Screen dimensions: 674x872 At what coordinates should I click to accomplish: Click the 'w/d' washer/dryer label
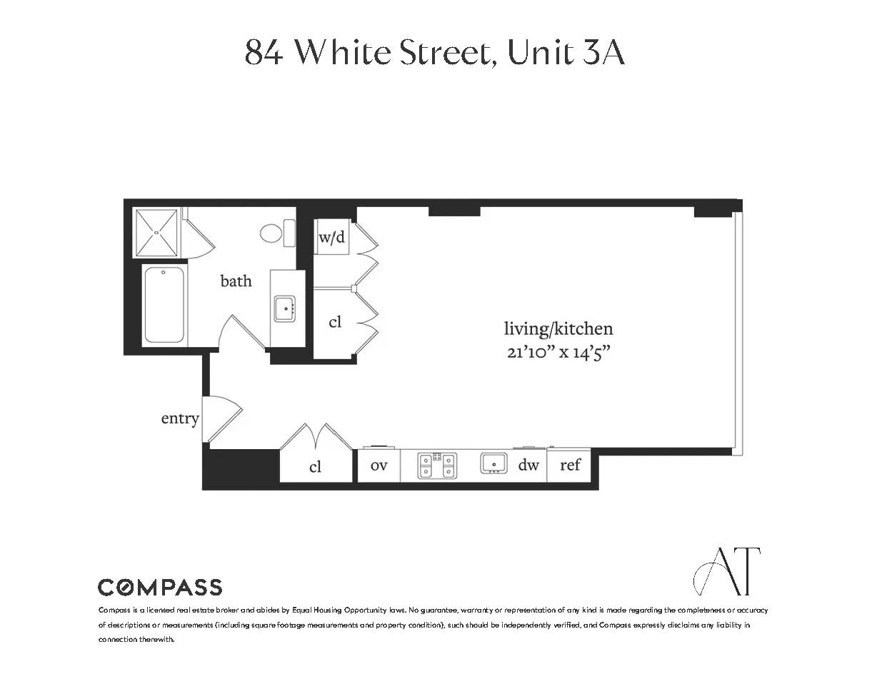pos(331,237)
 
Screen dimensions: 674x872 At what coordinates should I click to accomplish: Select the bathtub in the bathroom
pos(164,306)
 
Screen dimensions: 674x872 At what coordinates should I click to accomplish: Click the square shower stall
pos(156,232)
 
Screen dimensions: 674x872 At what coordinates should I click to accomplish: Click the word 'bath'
pos(236,281)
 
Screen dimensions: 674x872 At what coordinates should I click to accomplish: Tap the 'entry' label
pos(179,418)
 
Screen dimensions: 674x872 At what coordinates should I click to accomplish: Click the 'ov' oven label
pos(379,466)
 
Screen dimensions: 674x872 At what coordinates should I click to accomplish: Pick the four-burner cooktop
pos(437,466)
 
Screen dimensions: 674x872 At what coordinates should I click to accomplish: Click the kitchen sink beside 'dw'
pos(493,463)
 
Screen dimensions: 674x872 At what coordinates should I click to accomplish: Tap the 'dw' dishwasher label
pos(528,466)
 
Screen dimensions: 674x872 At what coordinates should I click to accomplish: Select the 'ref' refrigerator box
pos(570,466)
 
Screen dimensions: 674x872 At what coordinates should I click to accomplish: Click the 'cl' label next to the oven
pos(315,467)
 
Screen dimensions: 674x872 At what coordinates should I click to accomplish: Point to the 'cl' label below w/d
pos(335,322)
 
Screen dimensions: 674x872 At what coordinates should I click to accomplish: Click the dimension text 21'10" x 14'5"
pos(558,352)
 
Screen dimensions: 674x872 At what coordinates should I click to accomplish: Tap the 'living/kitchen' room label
pos(558,328)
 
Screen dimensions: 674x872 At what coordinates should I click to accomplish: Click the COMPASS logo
pos(160,588)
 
